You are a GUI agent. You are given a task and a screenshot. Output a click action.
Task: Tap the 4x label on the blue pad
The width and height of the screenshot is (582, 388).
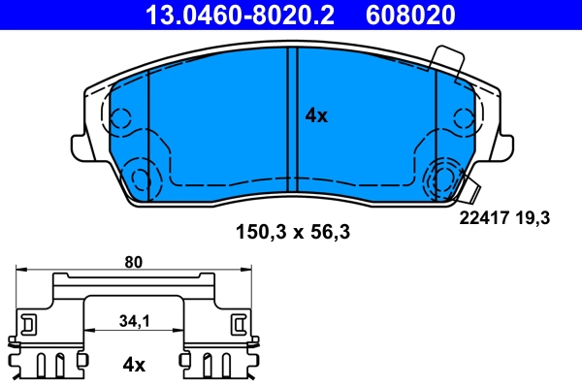tap(316, 115)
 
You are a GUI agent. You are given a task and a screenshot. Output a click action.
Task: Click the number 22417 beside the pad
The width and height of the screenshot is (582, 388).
tap(482, 219)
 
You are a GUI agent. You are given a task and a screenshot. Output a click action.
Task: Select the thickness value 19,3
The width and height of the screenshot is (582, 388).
tap(534, 219)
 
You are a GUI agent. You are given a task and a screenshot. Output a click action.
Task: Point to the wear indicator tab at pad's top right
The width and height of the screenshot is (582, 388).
tap(448, 60)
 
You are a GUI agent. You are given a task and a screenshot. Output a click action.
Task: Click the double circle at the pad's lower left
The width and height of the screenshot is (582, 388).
tap(140, 178)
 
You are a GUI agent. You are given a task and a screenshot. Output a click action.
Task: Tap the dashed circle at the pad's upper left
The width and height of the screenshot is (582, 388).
tap(119, 119)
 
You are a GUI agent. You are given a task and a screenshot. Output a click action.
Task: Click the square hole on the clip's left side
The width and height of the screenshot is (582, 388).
tap(30, 322)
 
